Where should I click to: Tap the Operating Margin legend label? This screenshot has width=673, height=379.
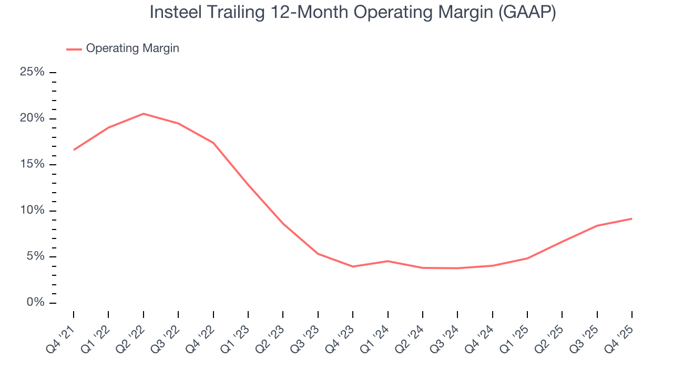pyautogui.click(x=132, y=48)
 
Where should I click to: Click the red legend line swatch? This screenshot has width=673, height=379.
pyautogui.click(x=74, y=49)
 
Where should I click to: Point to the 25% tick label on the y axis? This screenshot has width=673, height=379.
pyautogui.click(x=32, y=72)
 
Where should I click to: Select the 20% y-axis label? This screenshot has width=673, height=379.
pyautogui.click(x=32, y=118)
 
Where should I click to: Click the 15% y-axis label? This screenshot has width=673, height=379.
pyautogui.click(x=32, y=165)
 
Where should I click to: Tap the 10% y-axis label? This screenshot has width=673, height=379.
pyautogui.click(x=32, y=211)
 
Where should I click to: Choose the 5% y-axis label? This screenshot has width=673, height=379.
pyautogui.click(x=35, y=257)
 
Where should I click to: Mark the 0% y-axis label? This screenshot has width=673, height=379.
pyautogui.click(x=35, y=303)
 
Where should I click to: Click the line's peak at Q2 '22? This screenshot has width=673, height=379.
pyautogui.click(x=144, y=114)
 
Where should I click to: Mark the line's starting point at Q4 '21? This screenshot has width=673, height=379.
pyautogui.click(x=74, y=150)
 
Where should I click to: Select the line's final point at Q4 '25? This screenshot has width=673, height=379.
pyautogui.click(x=631, y=218)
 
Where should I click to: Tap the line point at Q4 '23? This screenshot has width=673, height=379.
pyautogui.click(x=353, y=266)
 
